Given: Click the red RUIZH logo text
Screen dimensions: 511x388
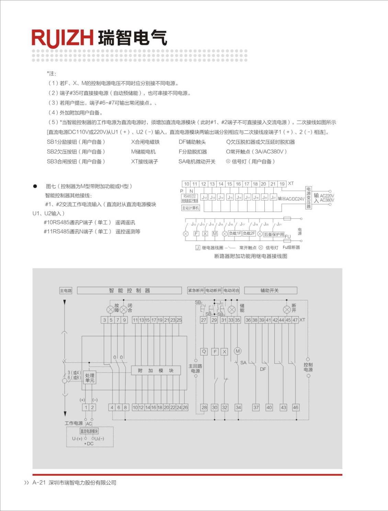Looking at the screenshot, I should click(x=62, y=38).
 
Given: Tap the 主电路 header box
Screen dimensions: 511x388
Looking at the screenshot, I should click(x=66, y=290).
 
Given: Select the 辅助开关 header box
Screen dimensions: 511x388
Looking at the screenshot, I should click(x=270, y=290).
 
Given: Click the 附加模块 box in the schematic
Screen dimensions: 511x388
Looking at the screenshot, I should click(x=156, y=371).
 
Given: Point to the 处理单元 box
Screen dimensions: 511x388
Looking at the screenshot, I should click(x=90, y=378).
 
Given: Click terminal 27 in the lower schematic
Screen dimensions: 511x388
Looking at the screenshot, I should click(x=204, y=320).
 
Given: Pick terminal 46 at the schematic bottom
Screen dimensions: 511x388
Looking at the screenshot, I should click(x=296, y=407).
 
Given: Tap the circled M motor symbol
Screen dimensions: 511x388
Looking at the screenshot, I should click(x=238, y=351).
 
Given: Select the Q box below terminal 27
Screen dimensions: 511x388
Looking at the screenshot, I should click(x=204, y=351).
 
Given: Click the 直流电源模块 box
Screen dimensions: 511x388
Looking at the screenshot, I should click(x=89, y=431).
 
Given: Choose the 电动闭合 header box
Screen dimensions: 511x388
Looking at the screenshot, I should click(x=231, y=290).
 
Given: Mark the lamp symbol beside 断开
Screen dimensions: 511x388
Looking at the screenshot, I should click(x=287, y=310).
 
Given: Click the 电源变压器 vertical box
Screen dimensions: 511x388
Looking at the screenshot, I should click(x=308, y=198).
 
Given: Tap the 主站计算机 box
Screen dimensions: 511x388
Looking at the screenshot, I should click(x=191, y=208).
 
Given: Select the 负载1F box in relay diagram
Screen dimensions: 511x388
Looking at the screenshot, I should click(x=235, y=233).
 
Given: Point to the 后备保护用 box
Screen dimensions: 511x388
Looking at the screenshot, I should click(x=274, y=234).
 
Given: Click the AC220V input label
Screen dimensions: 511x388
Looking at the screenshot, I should click(x=327, y=195).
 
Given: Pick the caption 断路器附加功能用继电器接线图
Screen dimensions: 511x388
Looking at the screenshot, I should click(x=251, y=256).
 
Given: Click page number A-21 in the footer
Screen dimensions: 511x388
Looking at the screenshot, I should click(x=39, y=482).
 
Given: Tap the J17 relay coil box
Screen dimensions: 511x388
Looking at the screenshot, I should click(x=248, y=198).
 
